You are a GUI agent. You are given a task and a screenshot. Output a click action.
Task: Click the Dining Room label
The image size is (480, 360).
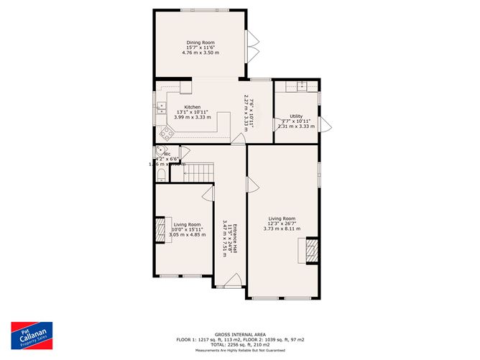(201, 41)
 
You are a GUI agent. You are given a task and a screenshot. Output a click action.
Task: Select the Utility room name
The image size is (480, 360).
(296, 116)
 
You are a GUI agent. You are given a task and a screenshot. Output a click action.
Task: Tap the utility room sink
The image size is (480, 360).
(302, 86)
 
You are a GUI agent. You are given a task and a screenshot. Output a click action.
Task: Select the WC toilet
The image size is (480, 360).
(161, 174)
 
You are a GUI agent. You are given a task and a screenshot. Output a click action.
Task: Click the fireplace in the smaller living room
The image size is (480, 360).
(160, 231)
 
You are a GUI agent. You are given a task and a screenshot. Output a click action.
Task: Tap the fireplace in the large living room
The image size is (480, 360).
(311, 251)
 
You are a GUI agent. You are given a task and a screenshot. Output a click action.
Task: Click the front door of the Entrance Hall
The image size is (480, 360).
(231, 281)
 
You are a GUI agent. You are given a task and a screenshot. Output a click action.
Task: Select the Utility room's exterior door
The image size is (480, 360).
(325, 124)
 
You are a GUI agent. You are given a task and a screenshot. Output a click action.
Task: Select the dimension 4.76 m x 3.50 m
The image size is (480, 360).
(201, 52)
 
